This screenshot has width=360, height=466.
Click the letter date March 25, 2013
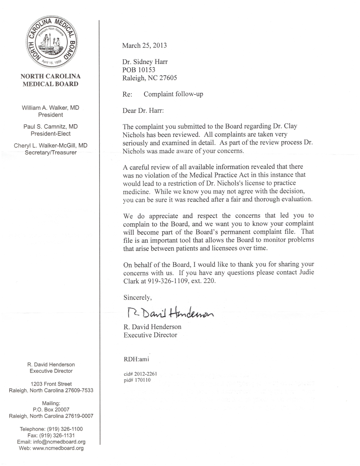144,45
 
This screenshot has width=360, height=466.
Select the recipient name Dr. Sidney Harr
145,62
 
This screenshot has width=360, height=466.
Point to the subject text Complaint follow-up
173,94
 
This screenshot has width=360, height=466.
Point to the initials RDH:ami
135,360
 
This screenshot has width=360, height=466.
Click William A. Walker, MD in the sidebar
50,108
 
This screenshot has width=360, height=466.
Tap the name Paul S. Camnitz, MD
50,127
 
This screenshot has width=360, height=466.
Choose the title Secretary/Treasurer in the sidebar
50,152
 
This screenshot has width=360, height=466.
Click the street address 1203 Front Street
51,384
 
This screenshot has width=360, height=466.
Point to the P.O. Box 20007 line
51,410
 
